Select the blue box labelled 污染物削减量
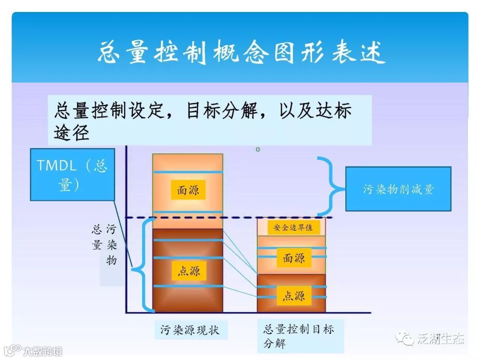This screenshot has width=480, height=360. click(x=398, y=189)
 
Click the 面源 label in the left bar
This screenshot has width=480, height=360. click(x=188, y=190)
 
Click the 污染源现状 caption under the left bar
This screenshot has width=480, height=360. click(x=190, y=330)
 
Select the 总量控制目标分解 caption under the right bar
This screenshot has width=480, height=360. click(x=298, y=336)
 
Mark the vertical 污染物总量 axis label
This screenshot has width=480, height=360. click(x=105, y=244)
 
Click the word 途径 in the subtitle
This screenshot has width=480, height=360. click(x=72, y=132)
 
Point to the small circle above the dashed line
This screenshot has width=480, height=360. click(x=258, y=149)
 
